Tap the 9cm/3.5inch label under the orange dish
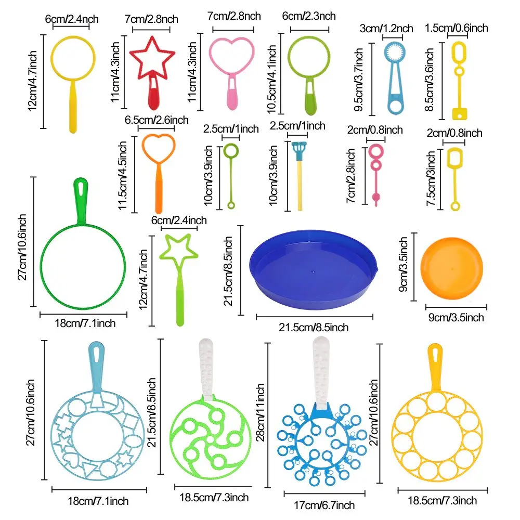(x=455, y=317)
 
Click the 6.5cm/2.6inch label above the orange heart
(x=156, y=120)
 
